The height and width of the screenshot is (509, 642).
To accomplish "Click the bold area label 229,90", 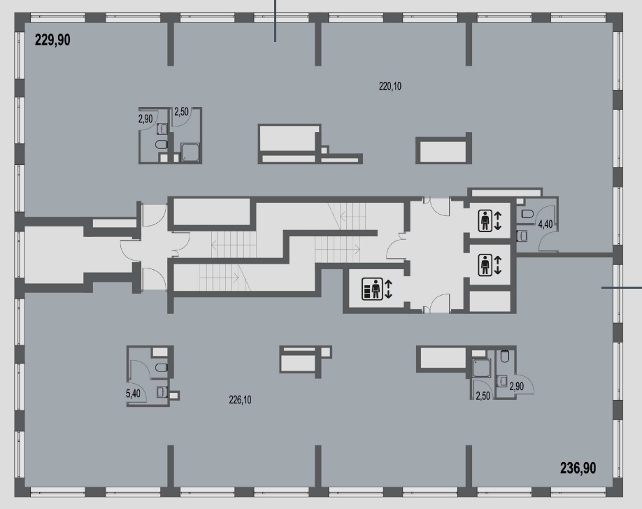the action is pos(52,40).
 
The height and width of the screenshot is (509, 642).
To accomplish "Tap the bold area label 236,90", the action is pos(578,468).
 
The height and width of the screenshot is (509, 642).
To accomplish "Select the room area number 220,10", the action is pos(390,87).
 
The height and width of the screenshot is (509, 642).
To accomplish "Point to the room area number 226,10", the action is pos(240,400).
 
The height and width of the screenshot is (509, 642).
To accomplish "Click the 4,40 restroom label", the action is pos(545,224).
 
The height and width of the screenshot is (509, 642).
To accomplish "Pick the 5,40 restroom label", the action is pos(133,394).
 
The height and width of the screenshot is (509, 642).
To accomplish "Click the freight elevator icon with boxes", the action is pos(372,289).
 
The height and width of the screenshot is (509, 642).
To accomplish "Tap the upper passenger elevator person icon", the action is pos(485,220).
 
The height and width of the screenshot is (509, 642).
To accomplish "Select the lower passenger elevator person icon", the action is pos(485,264).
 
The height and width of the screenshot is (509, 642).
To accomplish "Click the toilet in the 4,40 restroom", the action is pos(527,213).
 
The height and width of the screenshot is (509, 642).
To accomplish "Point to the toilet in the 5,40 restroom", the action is pos(162,367).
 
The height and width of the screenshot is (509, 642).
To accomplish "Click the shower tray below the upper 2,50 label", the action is pos(190,152).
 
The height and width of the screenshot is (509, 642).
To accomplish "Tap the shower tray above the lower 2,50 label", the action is pos(481,368).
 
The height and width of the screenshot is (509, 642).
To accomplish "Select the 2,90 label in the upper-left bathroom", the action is pos(145,119).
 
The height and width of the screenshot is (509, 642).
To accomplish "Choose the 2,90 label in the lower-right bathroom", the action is pos(516,386).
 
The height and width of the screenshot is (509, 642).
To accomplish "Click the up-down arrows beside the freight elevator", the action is pos(389,289).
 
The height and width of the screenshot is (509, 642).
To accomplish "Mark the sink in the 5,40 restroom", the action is pos(162,392).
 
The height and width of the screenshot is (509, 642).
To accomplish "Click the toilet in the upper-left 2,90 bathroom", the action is pos(162,144).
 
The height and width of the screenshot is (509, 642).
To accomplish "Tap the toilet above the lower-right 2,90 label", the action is pos(505,357).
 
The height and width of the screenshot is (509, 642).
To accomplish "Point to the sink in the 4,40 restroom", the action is pos(522,235).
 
